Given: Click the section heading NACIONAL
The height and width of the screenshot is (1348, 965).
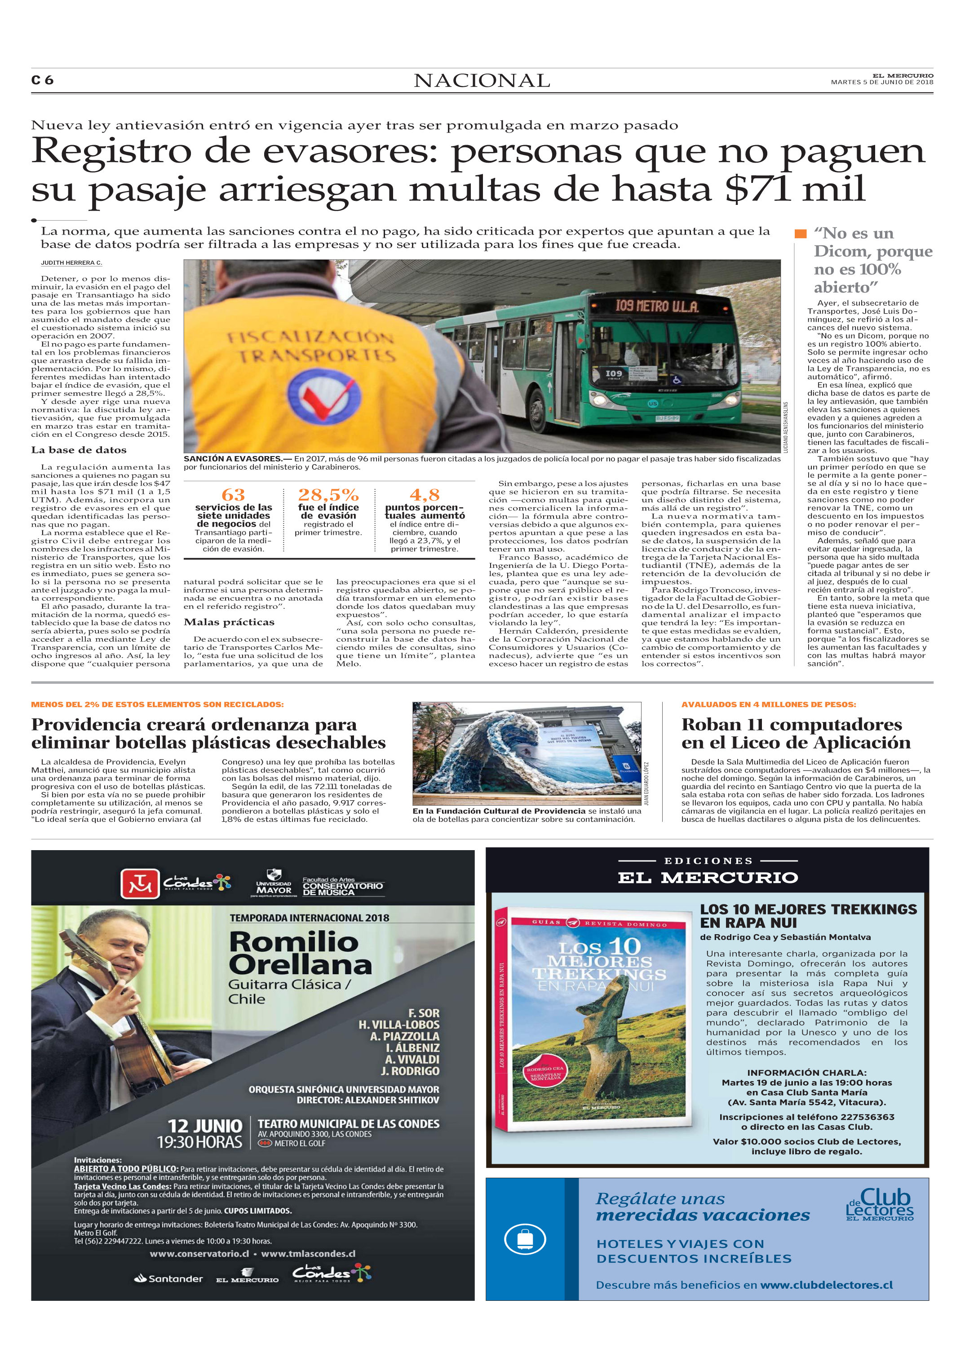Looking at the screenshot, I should [x=482, y=81].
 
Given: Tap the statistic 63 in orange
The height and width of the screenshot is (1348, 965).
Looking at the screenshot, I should [x=233, y=495].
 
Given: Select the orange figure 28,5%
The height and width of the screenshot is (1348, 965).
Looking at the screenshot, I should [x=328, y=495].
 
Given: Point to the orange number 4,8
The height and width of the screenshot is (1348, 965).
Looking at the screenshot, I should [x=424, y=495].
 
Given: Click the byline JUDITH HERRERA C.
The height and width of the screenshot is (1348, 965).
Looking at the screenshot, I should [x=71, y=263].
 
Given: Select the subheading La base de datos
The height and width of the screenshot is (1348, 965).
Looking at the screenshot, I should [x=79, y=450].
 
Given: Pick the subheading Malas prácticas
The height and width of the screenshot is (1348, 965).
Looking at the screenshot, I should [x=229, y=622].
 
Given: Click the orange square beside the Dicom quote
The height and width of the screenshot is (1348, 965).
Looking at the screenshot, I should [x=801, y=234].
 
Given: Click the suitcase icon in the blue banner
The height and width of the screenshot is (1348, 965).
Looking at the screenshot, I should [x=525, y=1239].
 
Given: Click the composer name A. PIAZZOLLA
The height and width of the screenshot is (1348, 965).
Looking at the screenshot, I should [x=405, y=1036].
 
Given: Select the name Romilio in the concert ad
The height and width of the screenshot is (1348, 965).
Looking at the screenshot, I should [x=293, y=942].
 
